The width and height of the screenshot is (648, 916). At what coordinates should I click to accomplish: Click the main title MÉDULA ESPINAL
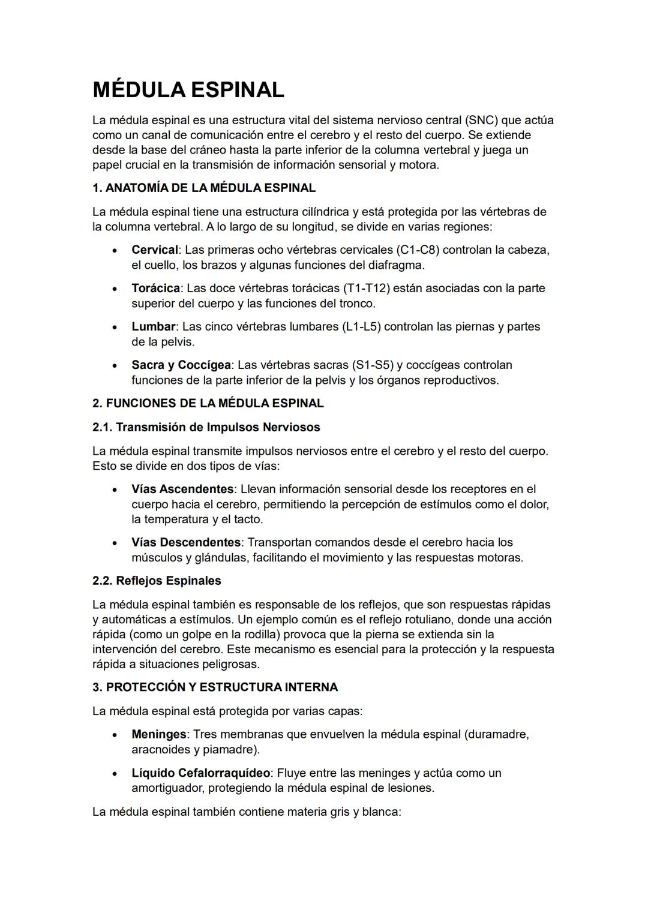click(188, 91)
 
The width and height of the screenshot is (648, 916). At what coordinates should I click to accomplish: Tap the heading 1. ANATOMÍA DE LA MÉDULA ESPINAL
click(203, 188)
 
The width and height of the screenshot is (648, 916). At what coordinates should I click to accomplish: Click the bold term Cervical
click(154, 250)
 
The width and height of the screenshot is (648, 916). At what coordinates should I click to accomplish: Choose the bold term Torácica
click(155, 288)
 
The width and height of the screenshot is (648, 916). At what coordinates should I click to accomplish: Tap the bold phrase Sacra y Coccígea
click(181, 365)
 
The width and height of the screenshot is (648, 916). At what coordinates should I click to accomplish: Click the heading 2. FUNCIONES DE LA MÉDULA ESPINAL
click(208, 403)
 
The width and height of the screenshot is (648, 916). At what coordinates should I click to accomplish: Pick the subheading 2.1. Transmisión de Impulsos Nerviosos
click(206, 427)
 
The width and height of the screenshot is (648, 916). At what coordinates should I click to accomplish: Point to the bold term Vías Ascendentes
click(182, 489)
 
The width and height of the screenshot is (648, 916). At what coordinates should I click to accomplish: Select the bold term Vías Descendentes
click(186, 542)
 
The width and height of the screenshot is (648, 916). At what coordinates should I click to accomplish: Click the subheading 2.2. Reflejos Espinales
click(157, 581)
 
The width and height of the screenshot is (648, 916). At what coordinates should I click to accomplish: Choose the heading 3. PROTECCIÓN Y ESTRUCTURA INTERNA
click(215, 687)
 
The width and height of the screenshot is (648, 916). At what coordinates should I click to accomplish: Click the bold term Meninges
click(159, 734)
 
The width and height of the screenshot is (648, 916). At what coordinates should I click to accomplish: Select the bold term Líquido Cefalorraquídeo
click(200, 773)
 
